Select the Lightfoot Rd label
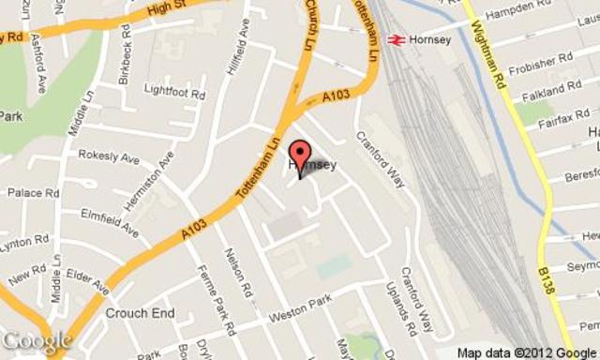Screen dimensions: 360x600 [174, 91]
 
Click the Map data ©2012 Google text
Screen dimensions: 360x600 [526, 352]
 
